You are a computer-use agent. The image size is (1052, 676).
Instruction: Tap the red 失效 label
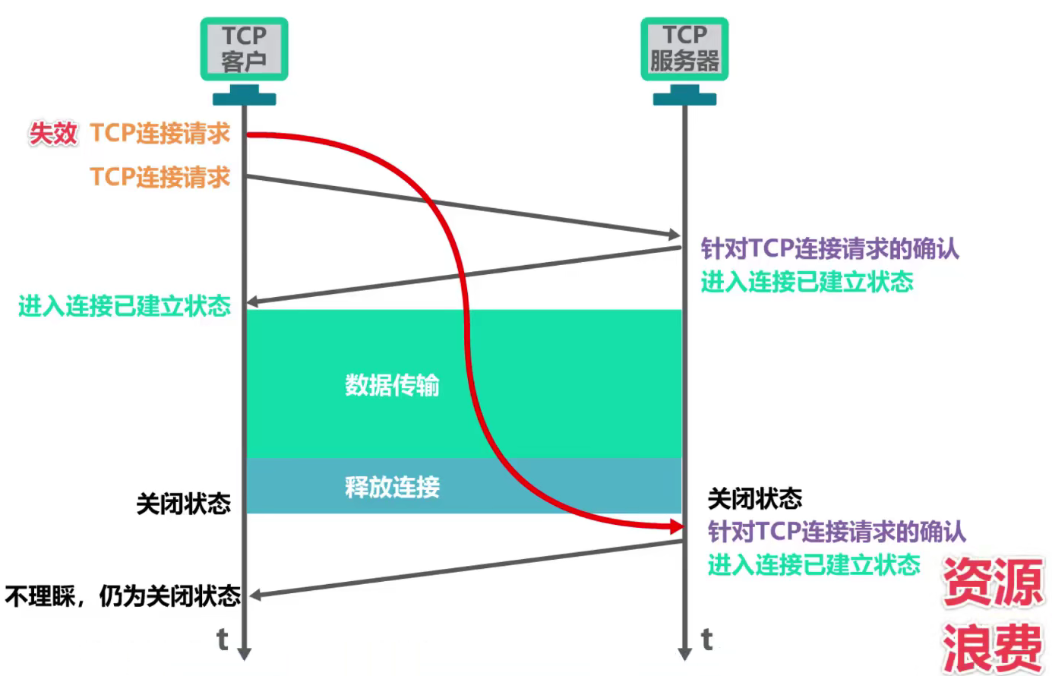[53, 134]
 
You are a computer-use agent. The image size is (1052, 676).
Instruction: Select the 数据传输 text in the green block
[392, 385]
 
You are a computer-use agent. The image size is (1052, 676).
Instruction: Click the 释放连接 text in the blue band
[392, 487]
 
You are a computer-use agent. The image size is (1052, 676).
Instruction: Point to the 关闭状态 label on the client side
[183, 504]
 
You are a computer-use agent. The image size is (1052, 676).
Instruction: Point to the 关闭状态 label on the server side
[754, 499]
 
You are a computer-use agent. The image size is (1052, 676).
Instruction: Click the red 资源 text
[994, 582]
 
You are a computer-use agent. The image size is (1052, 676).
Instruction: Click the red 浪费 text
[994, 646]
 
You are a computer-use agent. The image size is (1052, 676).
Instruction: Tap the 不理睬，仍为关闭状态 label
[123, 596]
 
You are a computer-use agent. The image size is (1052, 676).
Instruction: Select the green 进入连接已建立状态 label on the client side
[125, 305]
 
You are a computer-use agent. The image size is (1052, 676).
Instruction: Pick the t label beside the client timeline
[222, 640]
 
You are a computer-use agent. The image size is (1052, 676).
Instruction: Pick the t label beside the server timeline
[706, 640]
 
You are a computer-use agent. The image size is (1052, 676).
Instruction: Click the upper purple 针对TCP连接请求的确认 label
[829, 248]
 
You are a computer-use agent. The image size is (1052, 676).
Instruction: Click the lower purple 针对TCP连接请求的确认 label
[836, 531]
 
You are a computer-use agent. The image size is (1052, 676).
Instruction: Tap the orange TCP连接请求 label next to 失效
[160, 134]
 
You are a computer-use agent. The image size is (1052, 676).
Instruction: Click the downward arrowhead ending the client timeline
[244, 653]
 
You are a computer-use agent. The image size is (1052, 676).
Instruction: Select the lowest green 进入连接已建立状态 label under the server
[813, 564]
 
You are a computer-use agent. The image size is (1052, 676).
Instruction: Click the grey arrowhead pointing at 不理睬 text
[256, 595]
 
